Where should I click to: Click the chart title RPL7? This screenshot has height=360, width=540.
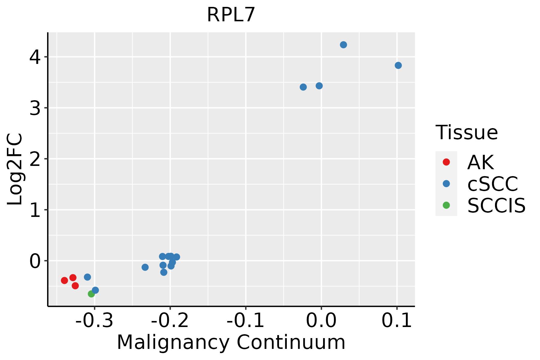coord(231,15)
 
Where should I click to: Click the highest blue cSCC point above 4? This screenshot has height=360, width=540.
coord(343,45)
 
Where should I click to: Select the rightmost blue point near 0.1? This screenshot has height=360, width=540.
coord(398,65)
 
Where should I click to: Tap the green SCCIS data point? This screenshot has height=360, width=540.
coord(91,294)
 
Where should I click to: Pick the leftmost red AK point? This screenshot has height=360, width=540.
coord(64,280)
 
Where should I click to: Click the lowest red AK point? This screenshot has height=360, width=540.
coord(75,286)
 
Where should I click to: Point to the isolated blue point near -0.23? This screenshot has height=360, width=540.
coord(145,267)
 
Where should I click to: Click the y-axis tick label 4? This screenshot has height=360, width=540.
coord(35,57)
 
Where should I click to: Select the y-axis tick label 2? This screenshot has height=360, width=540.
coord(35,159)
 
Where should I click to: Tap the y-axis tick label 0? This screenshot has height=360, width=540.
coord(35,261)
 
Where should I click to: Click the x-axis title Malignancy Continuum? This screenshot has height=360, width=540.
coord(231,342)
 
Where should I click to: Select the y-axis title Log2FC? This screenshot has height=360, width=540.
coord(15,169)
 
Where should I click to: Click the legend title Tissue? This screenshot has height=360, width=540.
coord(466,132)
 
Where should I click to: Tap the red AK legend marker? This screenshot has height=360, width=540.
coord(446,162)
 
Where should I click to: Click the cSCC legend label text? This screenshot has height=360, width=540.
coord(493,184)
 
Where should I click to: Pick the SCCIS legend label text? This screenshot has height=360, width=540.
coord(496,205)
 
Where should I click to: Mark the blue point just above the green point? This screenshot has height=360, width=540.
coord(95,290)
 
